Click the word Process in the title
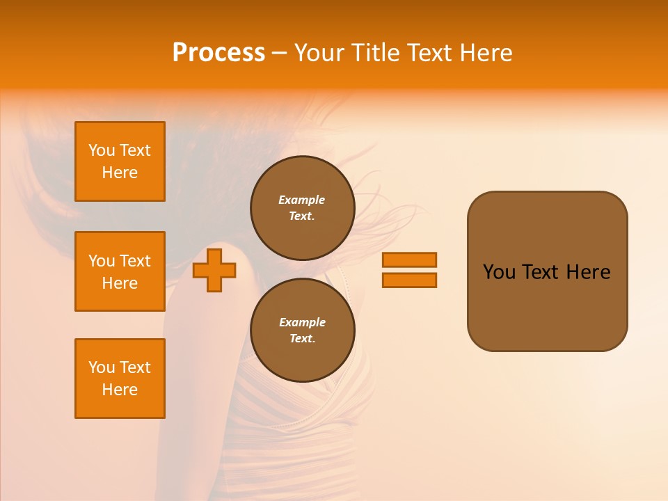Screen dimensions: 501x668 pyautogui.click(x=218, y=53)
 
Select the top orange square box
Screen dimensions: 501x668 pyautogui.click(x=120, y=161)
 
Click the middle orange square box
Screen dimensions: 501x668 pyautogui.click(x=120, y=271)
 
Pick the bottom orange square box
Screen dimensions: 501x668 pyautogui.click(x=120, y=379)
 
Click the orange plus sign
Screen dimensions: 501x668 pyautogui.click(x=214, y=270)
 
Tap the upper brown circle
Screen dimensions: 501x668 pyautogui.click(x=303, y=208)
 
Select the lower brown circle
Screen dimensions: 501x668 pyautogui.click(x=303, y=330)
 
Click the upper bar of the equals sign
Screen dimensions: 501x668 pyautogui.click(x=409, y=260)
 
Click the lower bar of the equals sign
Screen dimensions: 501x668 pyautogui.click(x=409, y=280)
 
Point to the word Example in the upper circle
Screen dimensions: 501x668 pyautogui.click(x=301, y=200)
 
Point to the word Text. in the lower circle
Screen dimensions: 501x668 pyautogui.click(x=302, y=339)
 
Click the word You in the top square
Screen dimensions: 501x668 pyautogui.click(x=101, y=150)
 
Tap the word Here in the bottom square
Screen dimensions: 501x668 pyautogui.click(x=120, y=390)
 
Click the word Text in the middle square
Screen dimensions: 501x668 pyautogui.click(x=135, y=261)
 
